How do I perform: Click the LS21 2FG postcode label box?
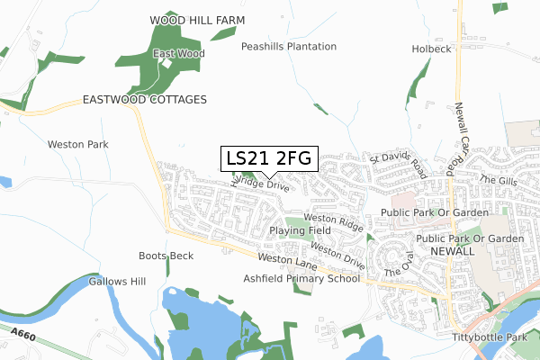point(269,159)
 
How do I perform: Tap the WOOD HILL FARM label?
point(197,19)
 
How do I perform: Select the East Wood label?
point(178,54)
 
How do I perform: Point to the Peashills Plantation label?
point(289,46)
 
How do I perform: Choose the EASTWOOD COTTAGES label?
point(145,99)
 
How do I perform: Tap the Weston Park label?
point(77,144)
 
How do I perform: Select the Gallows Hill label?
point(117,282)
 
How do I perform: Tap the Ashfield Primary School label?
point(301,279)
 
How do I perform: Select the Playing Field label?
point(300,230)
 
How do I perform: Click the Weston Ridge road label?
point(333,220)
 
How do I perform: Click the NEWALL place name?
point(452,251)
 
